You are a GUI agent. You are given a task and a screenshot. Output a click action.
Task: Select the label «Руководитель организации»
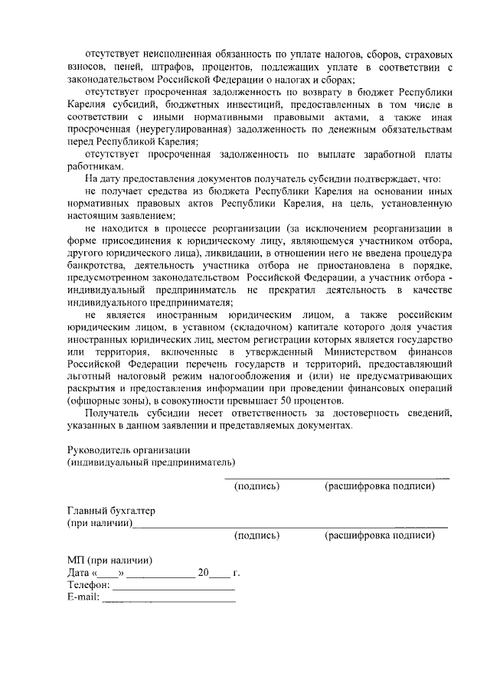[128, 449]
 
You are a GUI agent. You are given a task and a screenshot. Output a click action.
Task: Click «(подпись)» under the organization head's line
[256, 485]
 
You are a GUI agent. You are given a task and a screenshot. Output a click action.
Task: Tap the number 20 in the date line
[203, 572]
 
